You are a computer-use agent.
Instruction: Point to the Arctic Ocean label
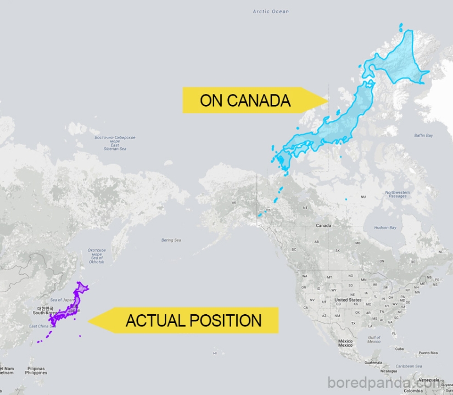(x=271, y=12)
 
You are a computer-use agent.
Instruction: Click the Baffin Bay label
(x=423, y=135)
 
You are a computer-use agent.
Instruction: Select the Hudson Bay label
(x=385, y=227)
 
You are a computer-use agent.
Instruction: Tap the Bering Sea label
(x=171, y=240)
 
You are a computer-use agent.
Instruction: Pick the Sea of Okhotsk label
(x=97, y=255)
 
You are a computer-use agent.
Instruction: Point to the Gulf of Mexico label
(x=374, y=339)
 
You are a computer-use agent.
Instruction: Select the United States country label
(x=348, y=300)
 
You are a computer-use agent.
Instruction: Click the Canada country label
(x=323, y=226)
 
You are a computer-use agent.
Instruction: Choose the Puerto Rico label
(x=428, y=353)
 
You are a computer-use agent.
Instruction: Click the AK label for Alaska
(x=234, y=203)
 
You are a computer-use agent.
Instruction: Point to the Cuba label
(x=399, y=349)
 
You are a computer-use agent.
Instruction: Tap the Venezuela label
(x=429, y=380)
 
